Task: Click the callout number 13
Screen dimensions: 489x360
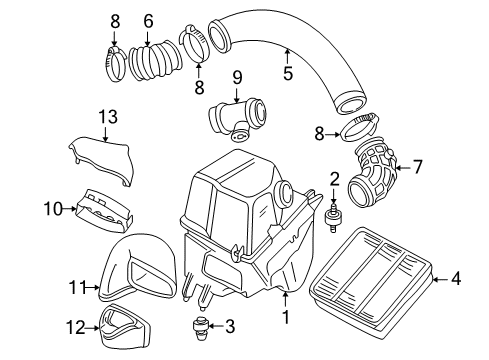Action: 108,117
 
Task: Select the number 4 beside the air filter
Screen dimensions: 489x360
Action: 456,278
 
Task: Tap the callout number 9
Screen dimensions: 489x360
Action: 237,78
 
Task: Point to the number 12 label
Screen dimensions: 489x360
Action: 76,328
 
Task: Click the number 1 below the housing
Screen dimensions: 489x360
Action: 286,317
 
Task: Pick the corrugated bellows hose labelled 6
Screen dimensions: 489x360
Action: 155,61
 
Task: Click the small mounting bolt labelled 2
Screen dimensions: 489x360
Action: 332,219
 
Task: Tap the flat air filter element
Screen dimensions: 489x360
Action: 371,280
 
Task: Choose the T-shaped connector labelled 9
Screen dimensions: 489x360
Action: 237,119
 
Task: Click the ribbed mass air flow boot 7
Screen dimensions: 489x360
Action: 373,172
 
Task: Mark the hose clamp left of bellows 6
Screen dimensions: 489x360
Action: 115,65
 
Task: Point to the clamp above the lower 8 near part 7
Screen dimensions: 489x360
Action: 359,128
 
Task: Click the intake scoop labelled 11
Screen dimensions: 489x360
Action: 138,267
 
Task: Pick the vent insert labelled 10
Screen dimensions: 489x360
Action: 104,210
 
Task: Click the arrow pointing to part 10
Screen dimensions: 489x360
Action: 70,209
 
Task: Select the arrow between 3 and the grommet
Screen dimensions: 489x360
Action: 216,327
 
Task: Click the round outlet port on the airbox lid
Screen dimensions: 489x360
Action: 284,194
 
